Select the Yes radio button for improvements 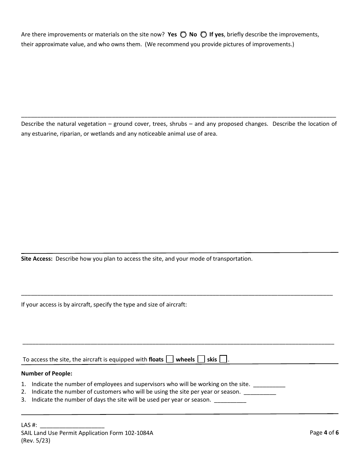pyautogui.click(x=183, y=34)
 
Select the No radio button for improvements pyautogui.click(x=203, y=34)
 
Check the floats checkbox pyautogui.click(x=170, y=359)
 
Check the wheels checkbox pyautogui.click(x=201, y=359)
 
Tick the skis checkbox pyautogui.click(x=223, y=359)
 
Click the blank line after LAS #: pyautogui.click(x=72, y=425)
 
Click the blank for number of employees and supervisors pyautogui.click(x=269, y=384)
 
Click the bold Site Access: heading pyautogui.click(x=37, y=259)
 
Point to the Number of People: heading pyautogui.click(x=47, y=374)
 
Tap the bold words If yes pyautogui.click(x=216, y=34)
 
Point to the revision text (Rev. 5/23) pyautogui.click(x=36, y=441)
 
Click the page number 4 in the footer pyautogui.click(x=325, y=433)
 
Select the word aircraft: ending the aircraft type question pyautogui.click(x=176, y=304)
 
